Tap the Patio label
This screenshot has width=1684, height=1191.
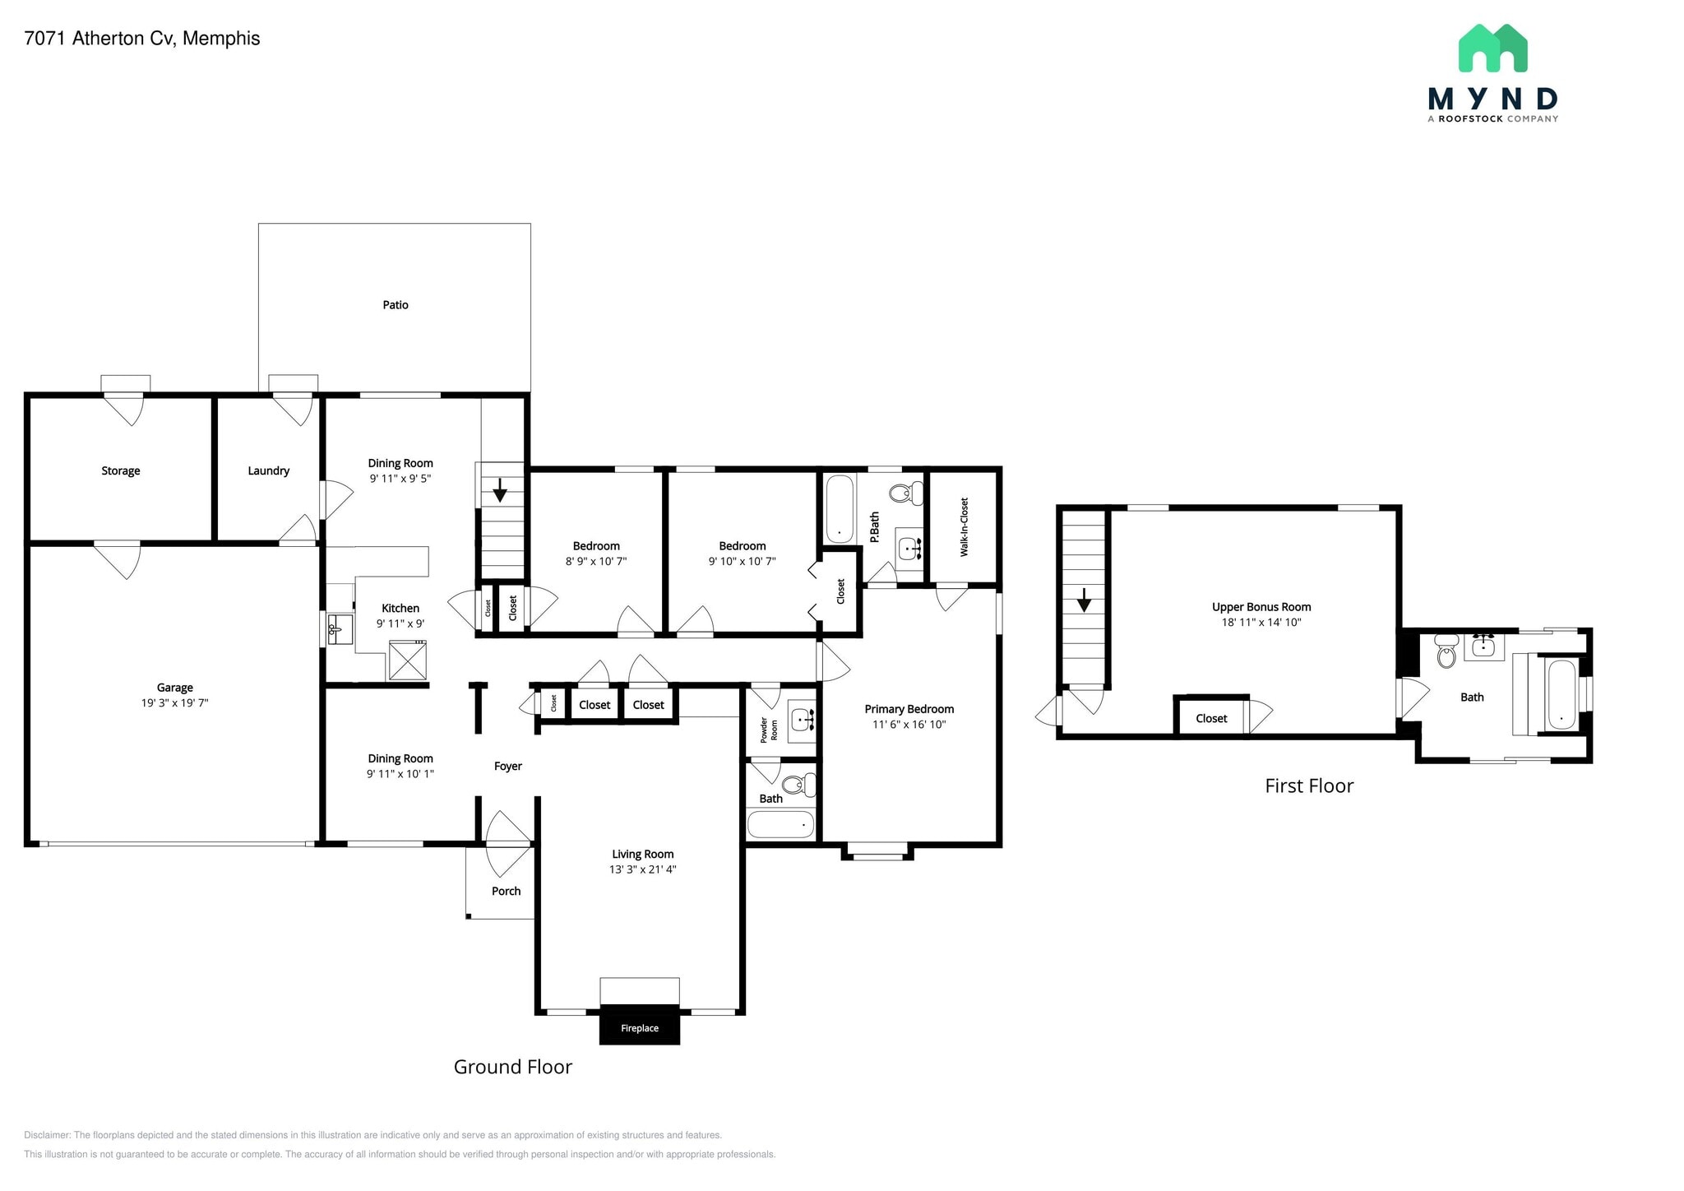(x=395, y=305)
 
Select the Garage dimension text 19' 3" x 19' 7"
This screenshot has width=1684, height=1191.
(x=174, y=703)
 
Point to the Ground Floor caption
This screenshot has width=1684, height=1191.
(x=512, y=1067)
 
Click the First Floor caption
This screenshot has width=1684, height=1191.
(x=1308, y=786)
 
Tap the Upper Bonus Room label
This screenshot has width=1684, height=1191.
(x=1261, y=607)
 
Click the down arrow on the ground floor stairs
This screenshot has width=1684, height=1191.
(x=499, y=492)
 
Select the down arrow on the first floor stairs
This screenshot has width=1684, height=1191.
(x=1084, y=600)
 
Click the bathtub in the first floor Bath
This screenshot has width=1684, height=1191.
(x=1561, y=695)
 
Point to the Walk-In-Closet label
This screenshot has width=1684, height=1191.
(x=965, y=527)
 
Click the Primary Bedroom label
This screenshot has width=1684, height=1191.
(x=909, y=709)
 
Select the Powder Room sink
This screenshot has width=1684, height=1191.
(x=802, y=721)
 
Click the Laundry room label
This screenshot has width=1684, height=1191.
(x=268, y=471)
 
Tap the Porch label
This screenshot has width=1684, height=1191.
(x=506, y=891)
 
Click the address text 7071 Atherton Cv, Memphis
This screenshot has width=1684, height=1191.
(x=142, y=39)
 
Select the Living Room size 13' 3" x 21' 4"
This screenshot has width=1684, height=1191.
(x=642, y=869)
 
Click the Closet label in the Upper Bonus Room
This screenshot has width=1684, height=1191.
(x=1210, y=719)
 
